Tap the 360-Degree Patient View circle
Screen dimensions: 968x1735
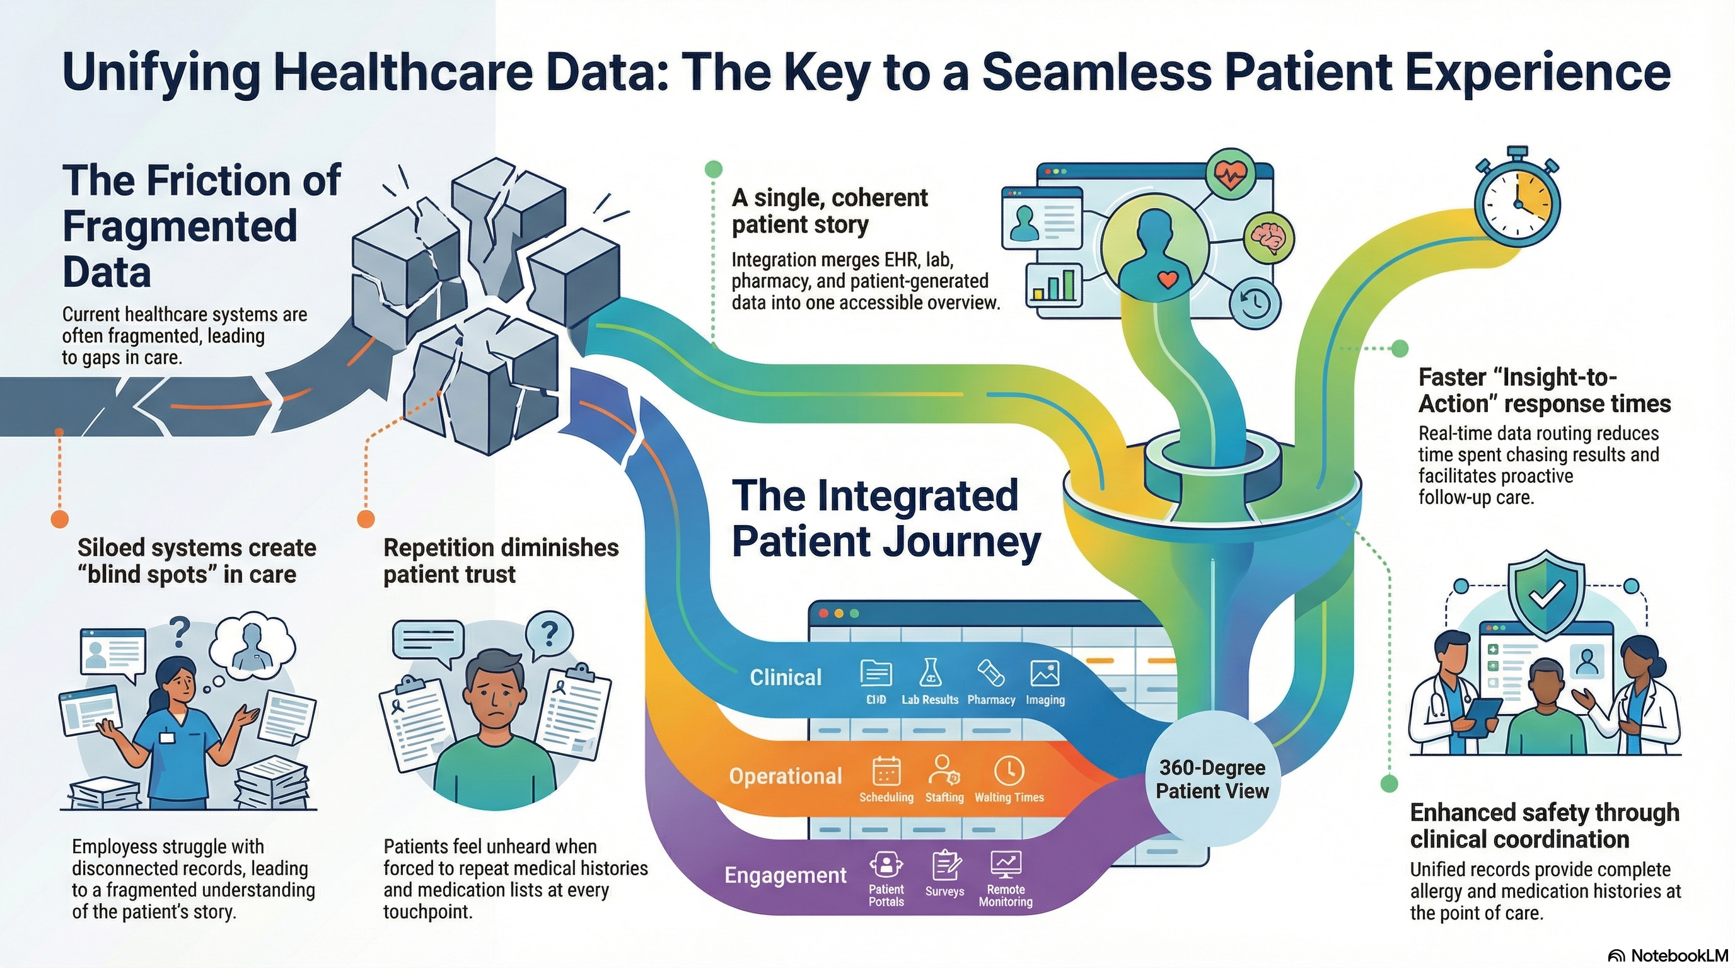[1212, 779]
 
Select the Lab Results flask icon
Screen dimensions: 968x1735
[930, 672]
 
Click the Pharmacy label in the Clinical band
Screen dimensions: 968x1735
[991, 700]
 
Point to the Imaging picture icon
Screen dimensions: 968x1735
[1045, 673]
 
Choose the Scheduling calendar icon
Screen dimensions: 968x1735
[886, 771]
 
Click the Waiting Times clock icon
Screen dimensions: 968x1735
[1008, 771]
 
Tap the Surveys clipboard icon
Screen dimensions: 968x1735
[946, 866]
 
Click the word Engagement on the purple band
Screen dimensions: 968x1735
[786, 875]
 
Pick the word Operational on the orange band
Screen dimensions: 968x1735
[786, 776]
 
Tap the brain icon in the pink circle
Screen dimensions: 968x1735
[1269, 238]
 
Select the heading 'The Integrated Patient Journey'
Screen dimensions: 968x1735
[886, 518]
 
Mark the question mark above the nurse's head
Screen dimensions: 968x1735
[179, 631]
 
